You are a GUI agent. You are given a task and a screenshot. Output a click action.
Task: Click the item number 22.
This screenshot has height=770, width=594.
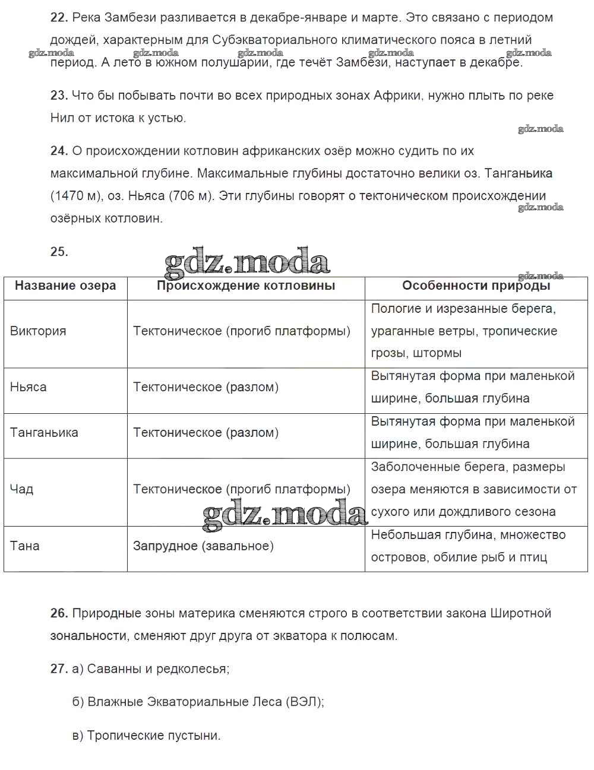(59, 18)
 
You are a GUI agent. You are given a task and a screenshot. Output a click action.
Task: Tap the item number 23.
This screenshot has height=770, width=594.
(59, 96)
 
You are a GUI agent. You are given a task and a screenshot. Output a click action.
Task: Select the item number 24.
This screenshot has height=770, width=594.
(59, 151)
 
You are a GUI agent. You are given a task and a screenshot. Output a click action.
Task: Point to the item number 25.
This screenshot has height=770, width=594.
(59, 252)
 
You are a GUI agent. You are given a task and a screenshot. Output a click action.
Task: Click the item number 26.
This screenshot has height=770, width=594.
(59, 613)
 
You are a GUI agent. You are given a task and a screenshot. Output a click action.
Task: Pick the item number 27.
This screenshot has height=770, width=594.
(59, 669)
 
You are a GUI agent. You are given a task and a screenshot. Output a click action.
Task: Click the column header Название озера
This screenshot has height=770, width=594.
(65, 286)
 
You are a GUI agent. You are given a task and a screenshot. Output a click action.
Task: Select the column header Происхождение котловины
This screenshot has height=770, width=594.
(246, 286)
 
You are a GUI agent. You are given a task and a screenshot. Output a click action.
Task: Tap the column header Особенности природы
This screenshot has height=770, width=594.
(476, 286)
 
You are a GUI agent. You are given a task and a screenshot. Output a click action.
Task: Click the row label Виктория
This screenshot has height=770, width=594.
(38, 331)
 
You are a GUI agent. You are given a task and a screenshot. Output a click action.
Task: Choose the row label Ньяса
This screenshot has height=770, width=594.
(28, 388)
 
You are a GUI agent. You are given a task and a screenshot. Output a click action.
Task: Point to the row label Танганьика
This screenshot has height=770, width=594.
(44, 433)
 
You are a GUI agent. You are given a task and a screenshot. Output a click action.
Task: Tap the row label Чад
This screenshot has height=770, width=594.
(21, 490)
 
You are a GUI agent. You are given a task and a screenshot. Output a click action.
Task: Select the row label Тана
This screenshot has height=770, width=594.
(24, 546)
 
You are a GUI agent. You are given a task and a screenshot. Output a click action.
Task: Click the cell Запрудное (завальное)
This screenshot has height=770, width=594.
(203, 546)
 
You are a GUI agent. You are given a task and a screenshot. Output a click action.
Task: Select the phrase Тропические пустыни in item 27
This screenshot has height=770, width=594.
(154, 736)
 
